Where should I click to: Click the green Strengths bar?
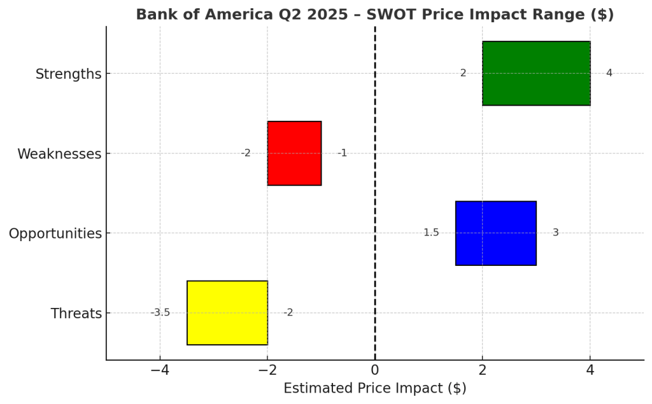(536, 73)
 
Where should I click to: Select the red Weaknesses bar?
(294, 153)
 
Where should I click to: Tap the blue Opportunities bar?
(496, 233)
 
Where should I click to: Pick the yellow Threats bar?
(227, 313)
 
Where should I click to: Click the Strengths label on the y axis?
(68, 74)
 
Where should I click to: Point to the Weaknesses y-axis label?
(59, 154)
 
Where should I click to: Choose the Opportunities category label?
(55, 233)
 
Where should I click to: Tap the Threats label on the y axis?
(76, 314)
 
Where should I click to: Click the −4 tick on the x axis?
(159, 370)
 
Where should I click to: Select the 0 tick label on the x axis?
(375, 370)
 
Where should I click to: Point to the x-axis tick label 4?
(590, 370)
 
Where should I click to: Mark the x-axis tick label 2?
(483, 370)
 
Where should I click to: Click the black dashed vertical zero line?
(375, 191)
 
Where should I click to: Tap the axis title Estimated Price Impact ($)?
(374, 389)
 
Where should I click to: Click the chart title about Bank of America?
(374, 14)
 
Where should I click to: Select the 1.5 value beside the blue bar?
(431, 233)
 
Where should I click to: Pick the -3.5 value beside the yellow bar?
(160, 312)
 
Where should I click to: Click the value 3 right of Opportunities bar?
(555, 233)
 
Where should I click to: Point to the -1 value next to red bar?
(342, 153)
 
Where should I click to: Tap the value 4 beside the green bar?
(609, 73)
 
